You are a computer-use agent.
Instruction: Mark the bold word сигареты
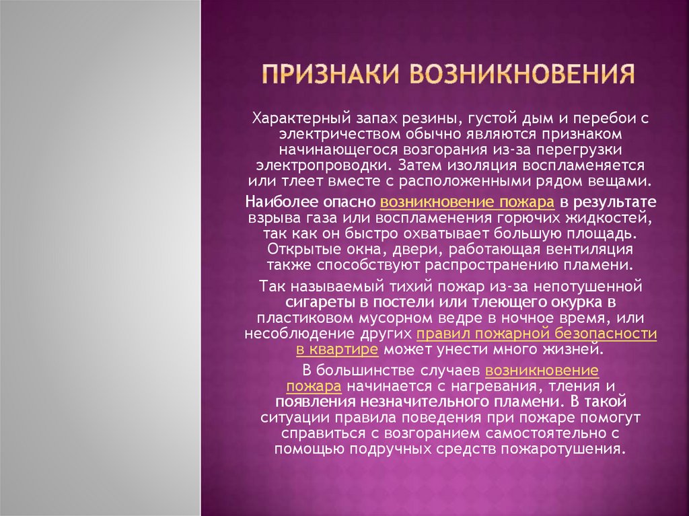click(320, 302)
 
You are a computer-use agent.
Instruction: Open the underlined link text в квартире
click(336, 350)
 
